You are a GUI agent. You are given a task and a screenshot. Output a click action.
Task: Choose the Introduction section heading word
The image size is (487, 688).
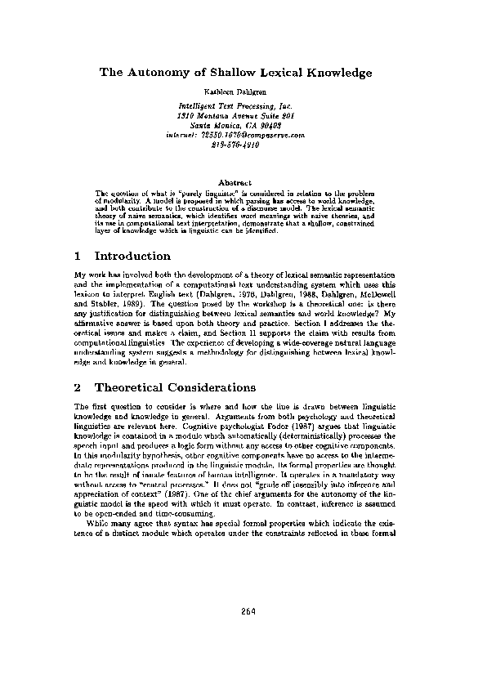132,256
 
